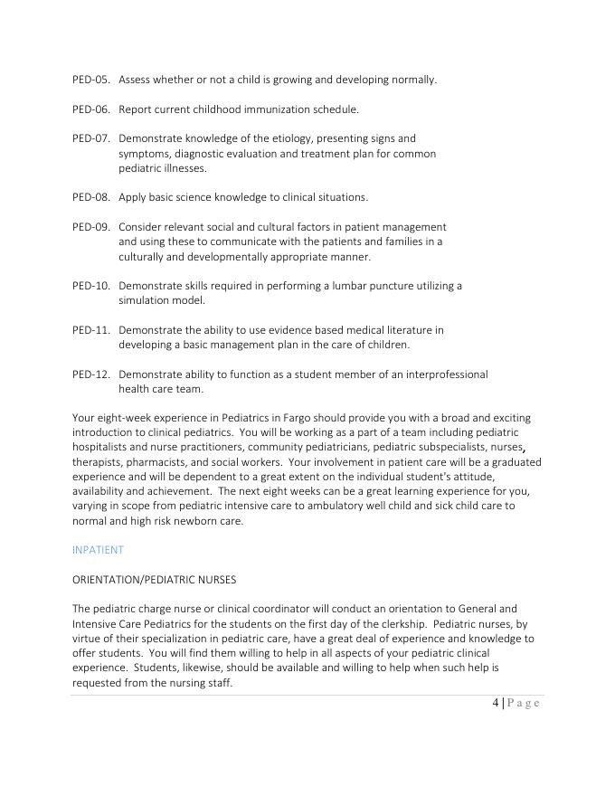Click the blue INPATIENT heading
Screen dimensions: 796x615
(x=98, y=549)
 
